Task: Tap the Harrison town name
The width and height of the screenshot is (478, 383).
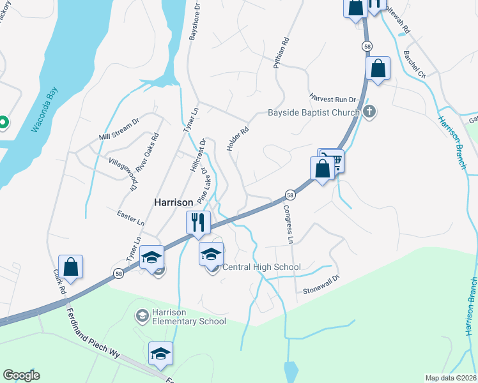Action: [173, 202]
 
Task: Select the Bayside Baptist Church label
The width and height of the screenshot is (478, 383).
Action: [313, 114]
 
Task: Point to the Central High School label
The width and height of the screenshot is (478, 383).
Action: [261, 267]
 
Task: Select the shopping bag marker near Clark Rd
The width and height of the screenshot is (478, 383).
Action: [70, 267]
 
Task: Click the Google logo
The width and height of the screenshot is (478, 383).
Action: [21, 375]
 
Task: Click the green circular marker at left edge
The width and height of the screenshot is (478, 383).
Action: [3, 121]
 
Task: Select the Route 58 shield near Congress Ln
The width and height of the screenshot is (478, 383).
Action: [290, 194]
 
